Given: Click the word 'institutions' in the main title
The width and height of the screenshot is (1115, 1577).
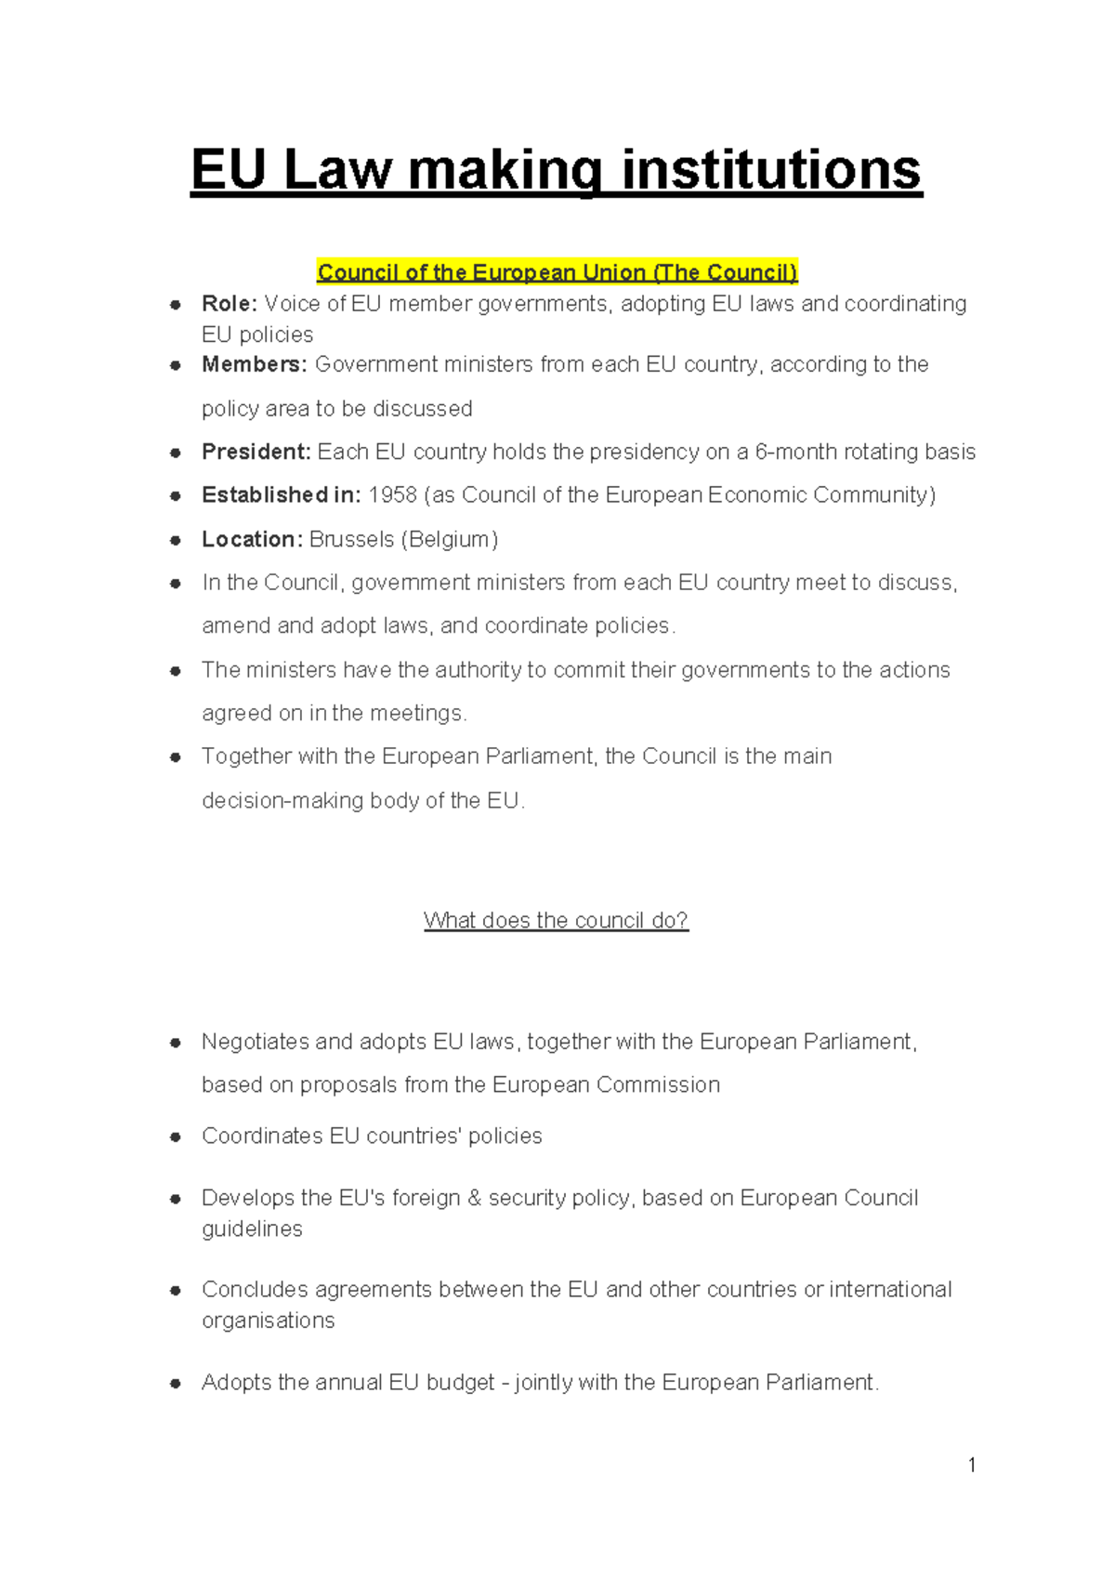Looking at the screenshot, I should [x=770, y=171].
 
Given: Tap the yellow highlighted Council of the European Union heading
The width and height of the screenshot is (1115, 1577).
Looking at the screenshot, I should [x=557, y=272].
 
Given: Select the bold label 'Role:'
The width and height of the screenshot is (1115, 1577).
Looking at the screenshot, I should [x=230, y=304].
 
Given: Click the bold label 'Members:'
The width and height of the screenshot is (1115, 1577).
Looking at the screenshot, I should [x=254, y=364].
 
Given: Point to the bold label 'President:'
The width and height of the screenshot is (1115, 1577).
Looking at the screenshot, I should [x=256, y=452].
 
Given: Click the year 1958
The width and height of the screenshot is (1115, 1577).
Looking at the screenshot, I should [x=392, y=494].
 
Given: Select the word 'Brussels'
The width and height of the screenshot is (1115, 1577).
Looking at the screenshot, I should [x=351, y=539].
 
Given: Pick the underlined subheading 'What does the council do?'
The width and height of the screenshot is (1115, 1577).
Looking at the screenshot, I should [x=556, y=920].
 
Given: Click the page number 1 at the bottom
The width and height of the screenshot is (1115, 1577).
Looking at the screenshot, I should [x=972, y=1465].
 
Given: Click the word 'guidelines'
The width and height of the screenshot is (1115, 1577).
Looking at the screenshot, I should [x=252, y=1229].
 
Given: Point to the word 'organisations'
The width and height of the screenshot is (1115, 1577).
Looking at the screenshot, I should [x=268, y=1321].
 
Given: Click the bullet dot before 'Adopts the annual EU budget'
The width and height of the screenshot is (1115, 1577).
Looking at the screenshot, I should [x=175, y=1383].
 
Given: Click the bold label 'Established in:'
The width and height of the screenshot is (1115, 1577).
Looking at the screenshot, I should [x=281, y=494].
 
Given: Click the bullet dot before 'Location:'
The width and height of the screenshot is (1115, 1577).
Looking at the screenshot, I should [x=175, y=540].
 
